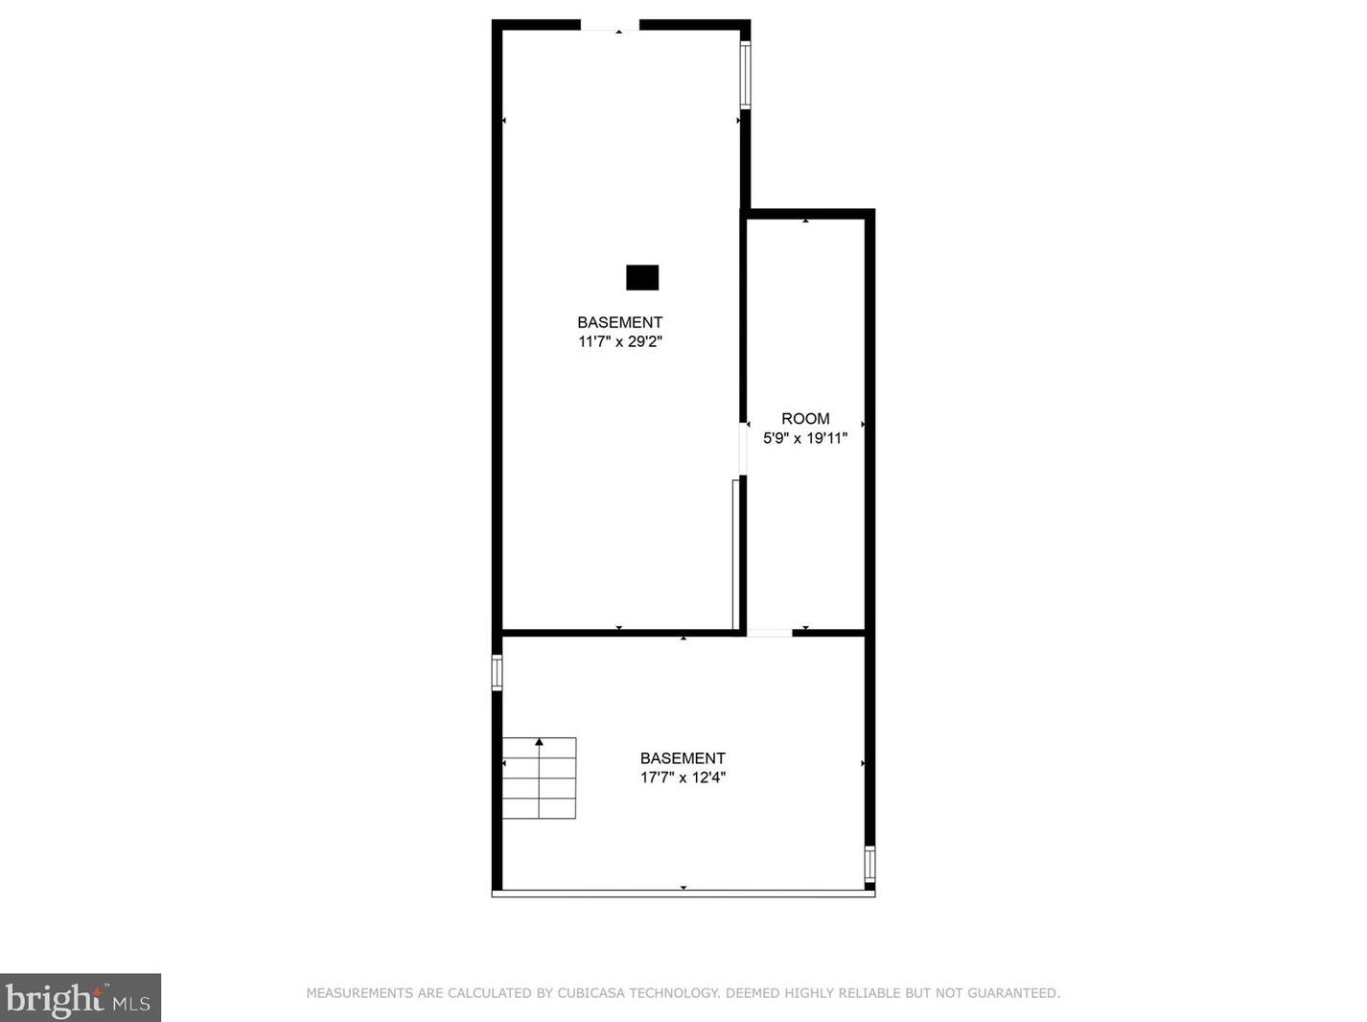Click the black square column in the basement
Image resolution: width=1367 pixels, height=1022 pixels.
click(x=642, y=277)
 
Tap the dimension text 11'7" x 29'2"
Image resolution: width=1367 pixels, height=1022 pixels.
click(x=620, y=341)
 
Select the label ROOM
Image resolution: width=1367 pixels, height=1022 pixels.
click(x=805, y=419)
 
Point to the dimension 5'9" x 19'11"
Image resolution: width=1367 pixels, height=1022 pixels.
click(x=805, y=438)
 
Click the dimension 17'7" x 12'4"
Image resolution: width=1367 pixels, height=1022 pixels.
click(x=683, y=778)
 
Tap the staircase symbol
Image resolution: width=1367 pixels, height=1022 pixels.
click(x=539, y=778)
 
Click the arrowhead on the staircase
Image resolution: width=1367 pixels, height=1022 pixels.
click(x=539, y=742)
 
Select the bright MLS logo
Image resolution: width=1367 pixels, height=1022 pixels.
click(x=80, y=998)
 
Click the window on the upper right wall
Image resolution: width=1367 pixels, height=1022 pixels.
click(x=745, y=75)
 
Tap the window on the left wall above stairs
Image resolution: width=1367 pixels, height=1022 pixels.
click(x=497, y=672)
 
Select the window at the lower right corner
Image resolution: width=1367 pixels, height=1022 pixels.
click(x=869, y=864)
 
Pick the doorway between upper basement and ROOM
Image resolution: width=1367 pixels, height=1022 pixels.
click(x=743, y=449)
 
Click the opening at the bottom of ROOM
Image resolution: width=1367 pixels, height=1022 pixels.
click(x=770, y=633)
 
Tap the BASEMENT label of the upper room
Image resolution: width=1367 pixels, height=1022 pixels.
click(x=619, y=322)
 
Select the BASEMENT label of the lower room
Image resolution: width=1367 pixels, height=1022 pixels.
click(x=683, y=758)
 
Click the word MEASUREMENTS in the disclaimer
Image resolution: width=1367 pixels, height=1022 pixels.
click(x=359, y=993)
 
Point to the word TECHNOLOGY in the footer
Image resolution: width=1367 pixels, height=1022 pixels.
click(x=671, y=993)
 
